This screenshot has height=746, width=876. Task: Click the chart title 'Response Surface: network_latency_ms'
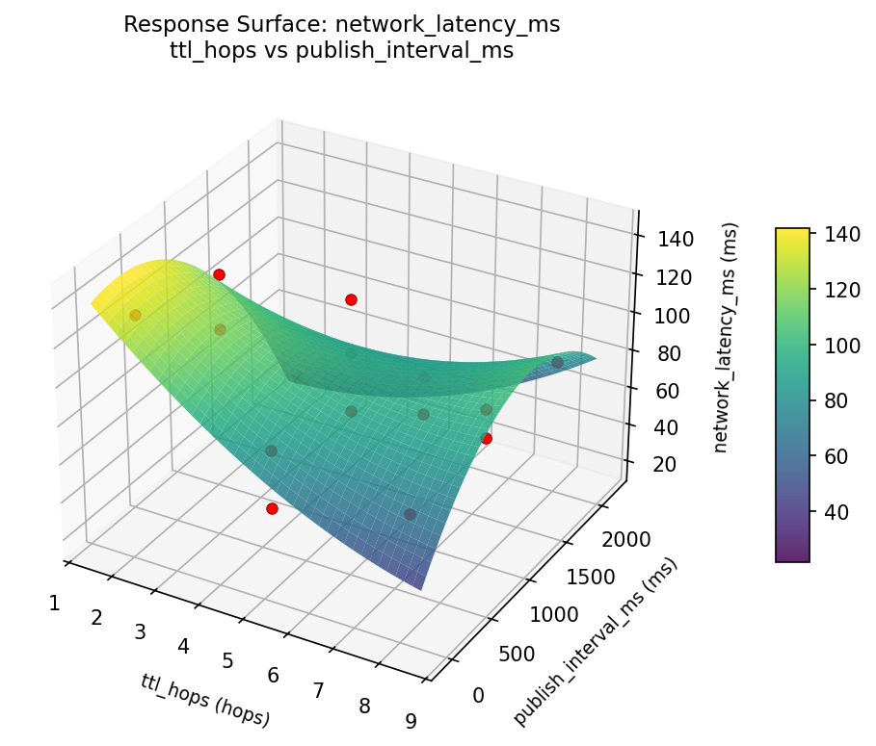click(341, 25)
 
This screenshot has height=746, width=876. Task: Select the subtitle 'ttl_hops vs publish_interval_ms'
click(341, 51)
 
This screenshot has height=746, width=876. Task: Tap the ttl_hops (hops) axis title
click(205, 699)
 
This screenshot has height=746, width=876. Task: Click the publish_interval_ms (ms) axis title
click(595, 641)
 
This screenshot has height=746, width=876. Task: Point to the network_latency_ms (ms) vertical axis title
click(730, 337)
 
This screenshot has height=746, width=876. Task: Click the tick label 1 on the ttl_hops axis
click(55, 603)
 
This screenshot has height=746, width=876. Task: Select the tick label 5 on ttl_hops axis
click(227, 660)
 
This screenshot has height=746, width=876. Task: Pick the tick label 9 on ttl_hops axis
click(411, 721)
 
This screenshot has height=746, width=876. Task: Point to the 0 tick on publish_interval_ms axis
click(478, 695)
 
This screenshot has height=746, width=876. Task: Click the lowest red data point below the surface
click(272, 508)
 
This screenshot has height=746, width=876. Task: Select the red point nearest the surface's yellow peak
click(219, 274)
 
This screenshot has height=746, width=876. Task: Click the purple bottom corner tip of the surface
click(421, 586)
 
